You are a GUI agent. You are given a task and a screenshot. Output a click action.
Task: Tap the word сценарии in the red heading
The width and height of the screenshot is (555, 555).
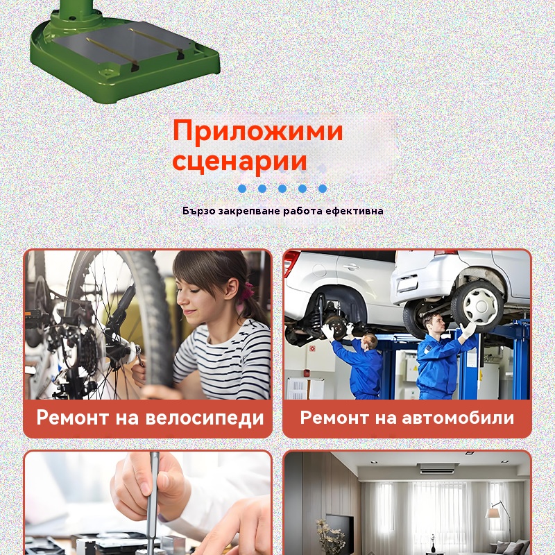pos(239,161)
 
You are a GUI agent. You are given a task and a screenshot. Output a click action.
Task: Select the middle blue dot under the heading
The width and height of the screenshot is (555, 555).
pos(282,188)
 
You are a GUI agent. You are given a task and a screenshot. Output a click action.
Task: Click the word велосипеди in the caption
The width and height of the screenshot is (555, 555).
pos(205,418)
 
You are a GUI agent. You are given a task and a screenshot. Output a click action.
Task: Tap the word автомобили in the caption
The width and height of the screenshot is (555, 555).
pos(458,418)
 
